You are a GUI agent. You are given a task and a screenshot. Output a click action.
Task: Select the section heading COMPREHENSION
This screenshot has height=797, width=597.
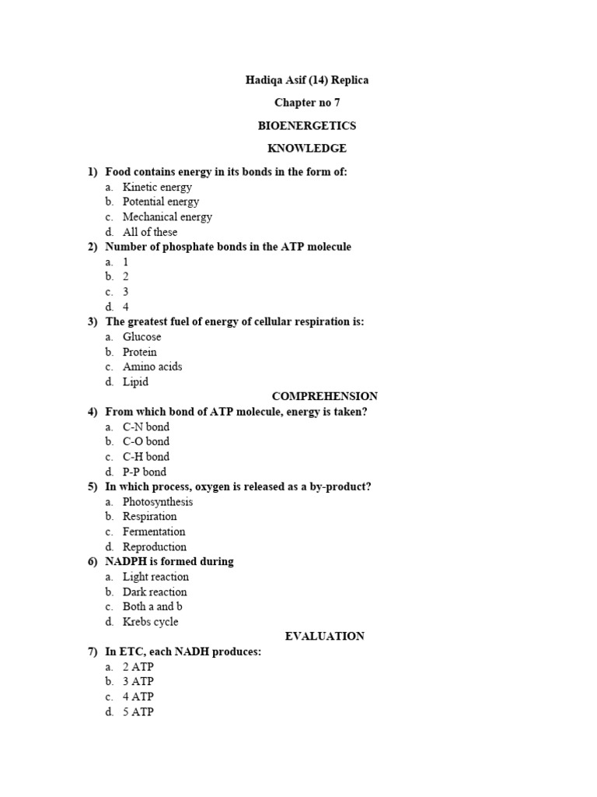coord(325,396)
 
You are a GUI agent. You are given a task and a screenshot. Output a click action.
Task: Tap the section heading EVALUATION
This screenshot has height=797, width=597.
coord(325,636)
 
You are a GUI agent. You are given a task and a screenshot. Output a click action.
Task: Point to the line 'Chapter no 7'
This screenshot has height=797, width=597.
coord(307,103)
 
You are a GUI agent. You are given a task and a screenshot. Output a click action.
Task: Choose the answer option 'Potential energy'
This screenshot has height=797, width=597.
coord(161,202)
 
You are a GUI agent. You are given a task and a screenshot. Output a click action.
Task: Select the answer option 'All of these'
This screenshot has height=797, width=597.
coord(150,232)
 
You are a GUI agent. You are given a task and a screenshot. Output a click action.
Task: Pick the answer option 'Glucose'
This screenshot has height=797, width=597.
coord(142,337)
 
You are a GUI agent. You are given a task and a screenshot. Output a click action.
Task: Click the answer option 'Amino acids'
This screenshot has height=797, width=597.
coord(152,367)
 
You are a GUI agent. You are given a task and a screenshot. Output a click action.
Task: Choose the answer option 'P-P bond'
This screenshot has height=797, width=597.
coord(145,472)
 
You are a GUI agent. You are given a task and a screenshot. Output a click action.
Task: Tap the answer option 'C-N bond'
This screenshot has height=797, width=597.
coord(146,427)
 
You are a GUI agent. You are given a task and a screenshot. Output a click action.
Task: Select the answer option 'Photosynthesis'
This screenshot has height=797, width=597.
coord(158,501)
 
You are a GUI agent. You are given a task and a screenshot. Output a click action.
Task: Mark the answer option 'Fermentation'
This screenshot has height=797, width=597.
coord(154,532)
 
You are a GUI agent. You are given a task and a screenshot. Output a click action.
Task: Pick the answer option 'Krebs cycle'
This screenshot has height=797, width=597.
coord(151,621)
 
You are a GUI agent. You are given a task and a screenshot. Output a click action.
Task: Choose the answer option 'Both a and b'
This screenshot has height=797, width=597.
coord(153,606)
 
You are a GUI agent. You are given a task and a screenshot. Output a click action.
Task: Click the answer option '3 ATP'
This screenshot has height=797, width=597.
coord(138,681)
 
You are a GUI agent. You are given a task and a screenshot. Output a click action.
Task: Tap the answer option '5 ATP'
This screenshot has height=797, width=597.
coord(138,711)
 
